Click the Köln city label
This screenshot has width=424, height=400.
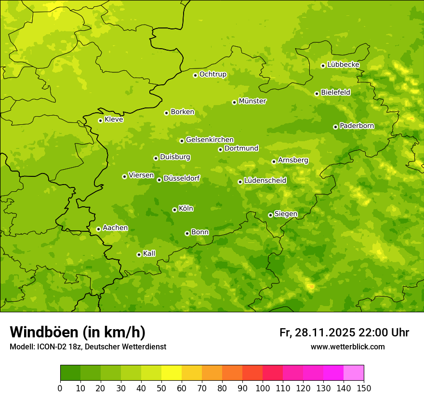[186, 209]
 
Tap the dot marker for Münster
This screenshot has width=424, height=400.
[235, 102]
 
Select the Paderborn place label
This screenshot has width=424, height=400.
[357, 126]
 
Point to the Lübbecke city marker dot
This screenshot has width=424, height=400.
[323, 66]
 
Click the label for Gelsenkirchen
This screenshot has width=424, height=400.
[210, 140]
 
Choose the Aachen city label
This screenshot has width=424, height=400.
[115, 228]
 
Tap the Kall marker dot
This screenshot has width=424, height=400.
[139, 254]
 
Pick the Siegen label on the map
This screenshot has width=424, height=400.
[286, 214]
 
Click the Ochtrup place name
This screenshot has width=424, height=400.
[213, 74]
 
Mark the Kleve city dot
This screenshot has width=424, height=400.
[100, 120]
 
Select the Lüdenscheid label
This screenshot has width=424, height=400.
[265, 181]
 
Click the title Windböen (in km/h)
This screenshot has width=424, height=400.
[78, 332]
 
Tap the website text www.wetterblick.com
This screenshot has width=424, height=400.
[347, 347]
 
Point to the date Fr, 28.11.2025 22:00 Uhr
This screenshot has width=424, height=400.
[344, 333]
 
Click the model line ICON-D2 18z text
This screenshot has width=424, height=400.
[88, 347]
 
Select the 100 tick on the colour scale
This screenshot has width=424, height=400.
[262, 388]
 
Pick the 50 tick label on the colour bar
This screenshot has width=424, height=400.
[161, 388]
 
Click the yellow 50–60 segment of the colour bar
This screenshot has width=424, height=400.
[172, 373]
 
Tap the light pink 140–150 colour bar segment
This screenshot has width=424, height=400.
[354, 373]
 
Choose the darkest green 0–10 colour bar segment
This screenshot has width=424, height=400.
[70, 373]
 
